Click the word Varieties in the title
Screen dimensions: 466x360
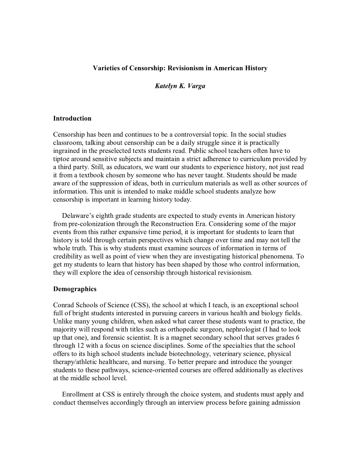click(104, 68)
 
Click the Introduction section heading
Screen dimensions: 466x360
click(72, 119)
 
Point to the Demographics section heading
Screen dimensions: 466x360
click(74, 289)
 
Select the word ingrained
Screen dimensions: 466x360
click(66, 151)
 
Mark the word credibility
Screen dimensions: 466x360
click(68, 256)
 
